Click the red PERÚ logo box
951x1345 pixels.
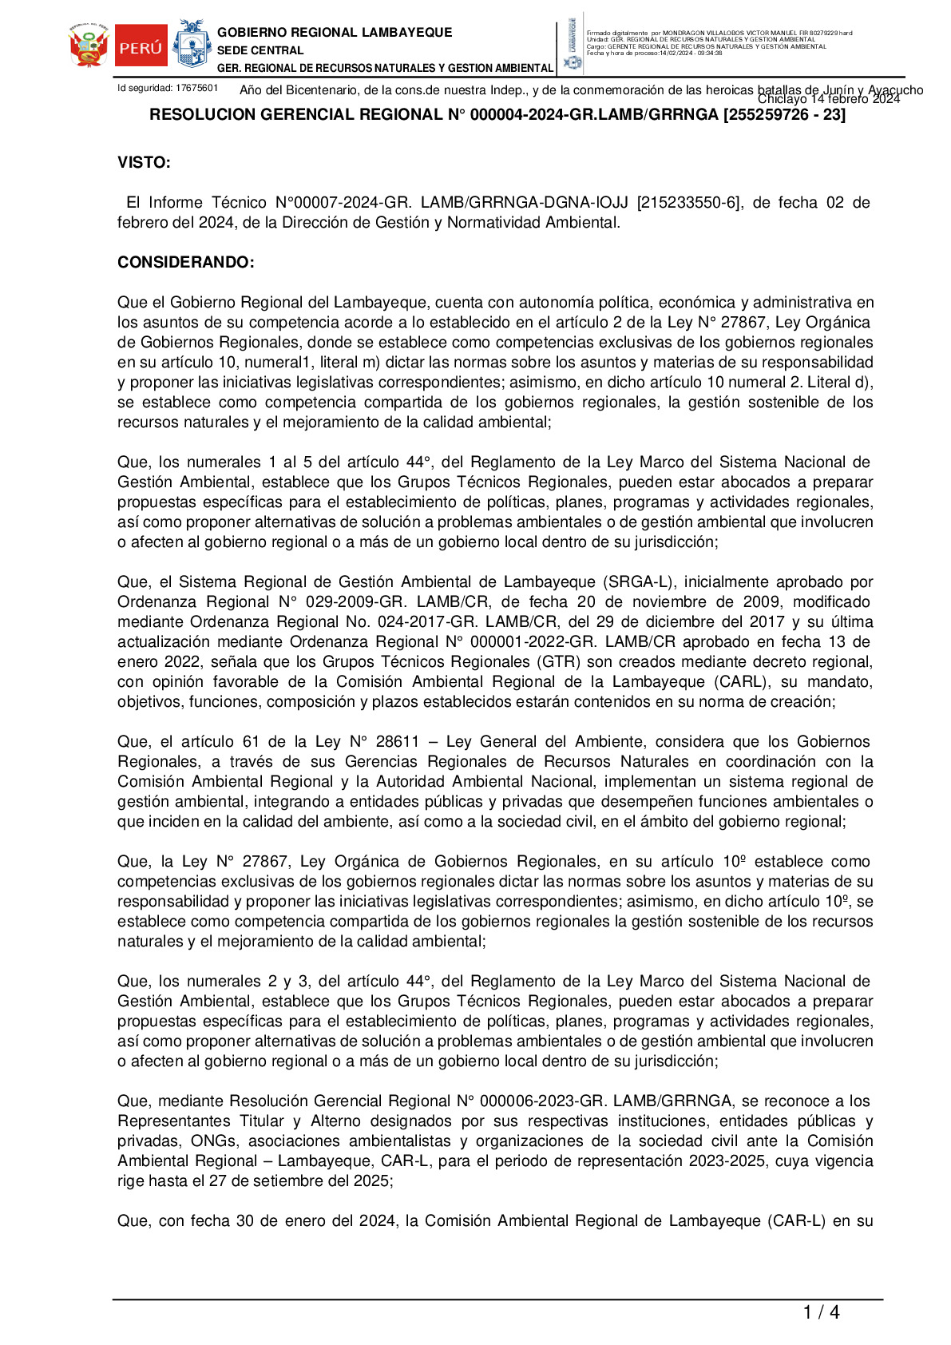[x=141, y=48]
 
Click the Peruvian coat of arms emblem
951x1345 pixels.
[x=89, y=47]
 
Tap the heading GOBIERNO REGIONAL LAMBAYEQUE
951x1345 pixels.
[x=335, y=33]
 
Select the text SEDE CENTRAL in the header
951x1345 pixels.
[x=260, y=50]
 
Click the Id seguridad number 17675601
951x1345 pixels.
[x=196, y=88]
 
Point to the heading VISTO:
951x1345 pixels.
[x=144, y=163]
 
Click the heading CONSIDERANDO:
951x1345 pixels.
[x=186, y=263]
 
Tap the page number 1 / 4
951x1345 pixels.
[x=821, y=1312]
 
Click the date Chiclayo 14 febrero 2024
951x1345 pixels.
[x=828, y=99]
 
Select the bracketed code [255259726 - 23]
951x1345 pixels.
[x=784, y=115]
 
